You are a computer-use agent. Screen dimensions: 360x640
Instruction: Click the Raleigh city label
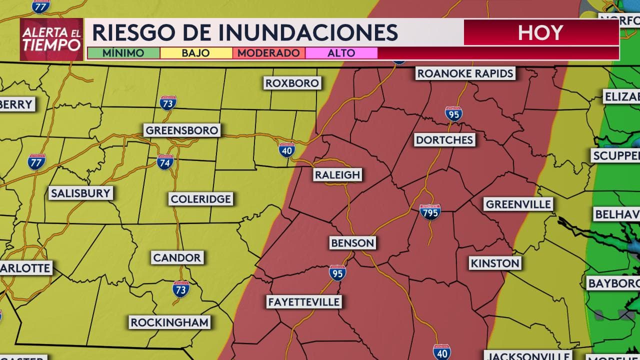[x=337, y=175]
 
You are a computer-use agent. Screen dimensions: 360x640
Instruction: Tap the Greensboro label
[x=182, y=130]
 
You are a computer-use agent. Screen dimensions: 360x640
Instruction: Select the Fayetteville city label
[x=303, y=302]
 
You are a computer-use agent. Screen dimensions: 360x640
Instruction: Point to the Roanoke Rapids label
[x=465, y=73]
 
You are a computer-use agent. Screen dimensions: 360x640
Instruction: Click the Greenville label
[x=518, y=204]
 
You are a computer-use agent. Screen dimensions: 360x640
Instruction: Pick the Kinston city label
[x=495, y=263]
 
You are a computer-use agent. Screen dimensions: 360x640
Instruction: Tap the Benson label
[x=352, y=243]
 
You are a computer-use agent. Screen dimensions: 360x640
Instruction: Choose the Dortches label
[x=444, y=140]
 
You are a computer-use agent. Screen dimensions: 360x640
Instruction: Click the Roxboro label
[x=292, y=83]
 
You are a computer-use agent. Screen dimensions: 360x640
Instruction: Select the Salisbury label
[x=80, y=193]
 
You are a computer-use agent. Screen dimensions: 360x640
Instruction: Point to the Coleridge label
[x=200, y=199]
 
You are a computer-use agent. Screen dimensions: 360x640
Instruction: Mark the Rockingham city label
[x=169, y=322]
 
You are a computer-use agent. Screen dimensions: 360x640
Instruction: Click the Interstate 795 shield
[x=430, y=212]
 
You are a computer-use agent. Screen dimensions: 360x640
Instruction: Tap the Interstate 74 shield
[x=165, y=162]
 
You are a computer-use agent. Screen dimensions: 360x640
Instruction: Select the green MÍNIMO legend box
[x=123, y=53]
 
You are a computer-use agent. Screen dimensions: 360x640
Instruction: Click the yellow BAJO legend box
[x=196, y=53]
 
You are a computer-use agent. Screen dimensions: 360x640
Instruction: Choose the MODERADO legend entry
[x=268, y=53]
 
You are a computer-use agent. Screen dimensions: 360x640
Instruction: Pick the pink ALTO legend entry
[x=341, y=53]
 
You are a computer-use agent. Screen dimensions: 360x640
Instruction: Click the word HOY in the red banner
[x=540, y=33]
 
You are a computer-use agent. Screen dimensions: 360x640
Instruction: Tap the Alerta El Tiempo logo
[x=51, y=39]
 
